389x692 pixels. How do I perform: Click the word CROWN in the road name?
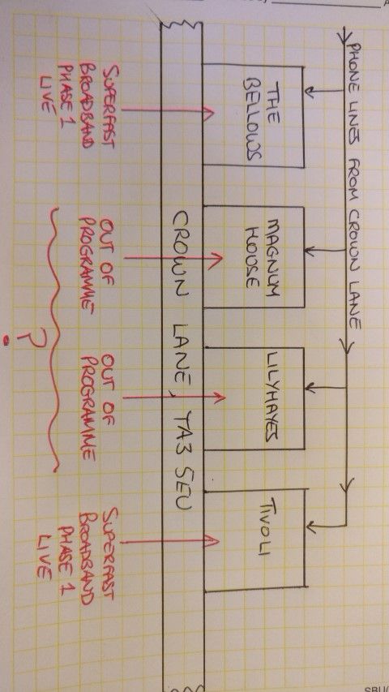pos(182,252)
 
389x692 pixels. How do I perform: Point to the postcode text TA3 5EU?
pos(182,460)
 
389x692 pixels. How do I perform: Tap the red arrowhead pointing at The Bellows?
pos(208,111)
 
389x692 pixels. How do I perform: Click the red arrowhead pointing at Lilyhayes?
pos(219,398)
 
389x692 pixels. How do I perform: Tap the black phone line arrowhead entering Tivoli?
pos(311,526)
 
